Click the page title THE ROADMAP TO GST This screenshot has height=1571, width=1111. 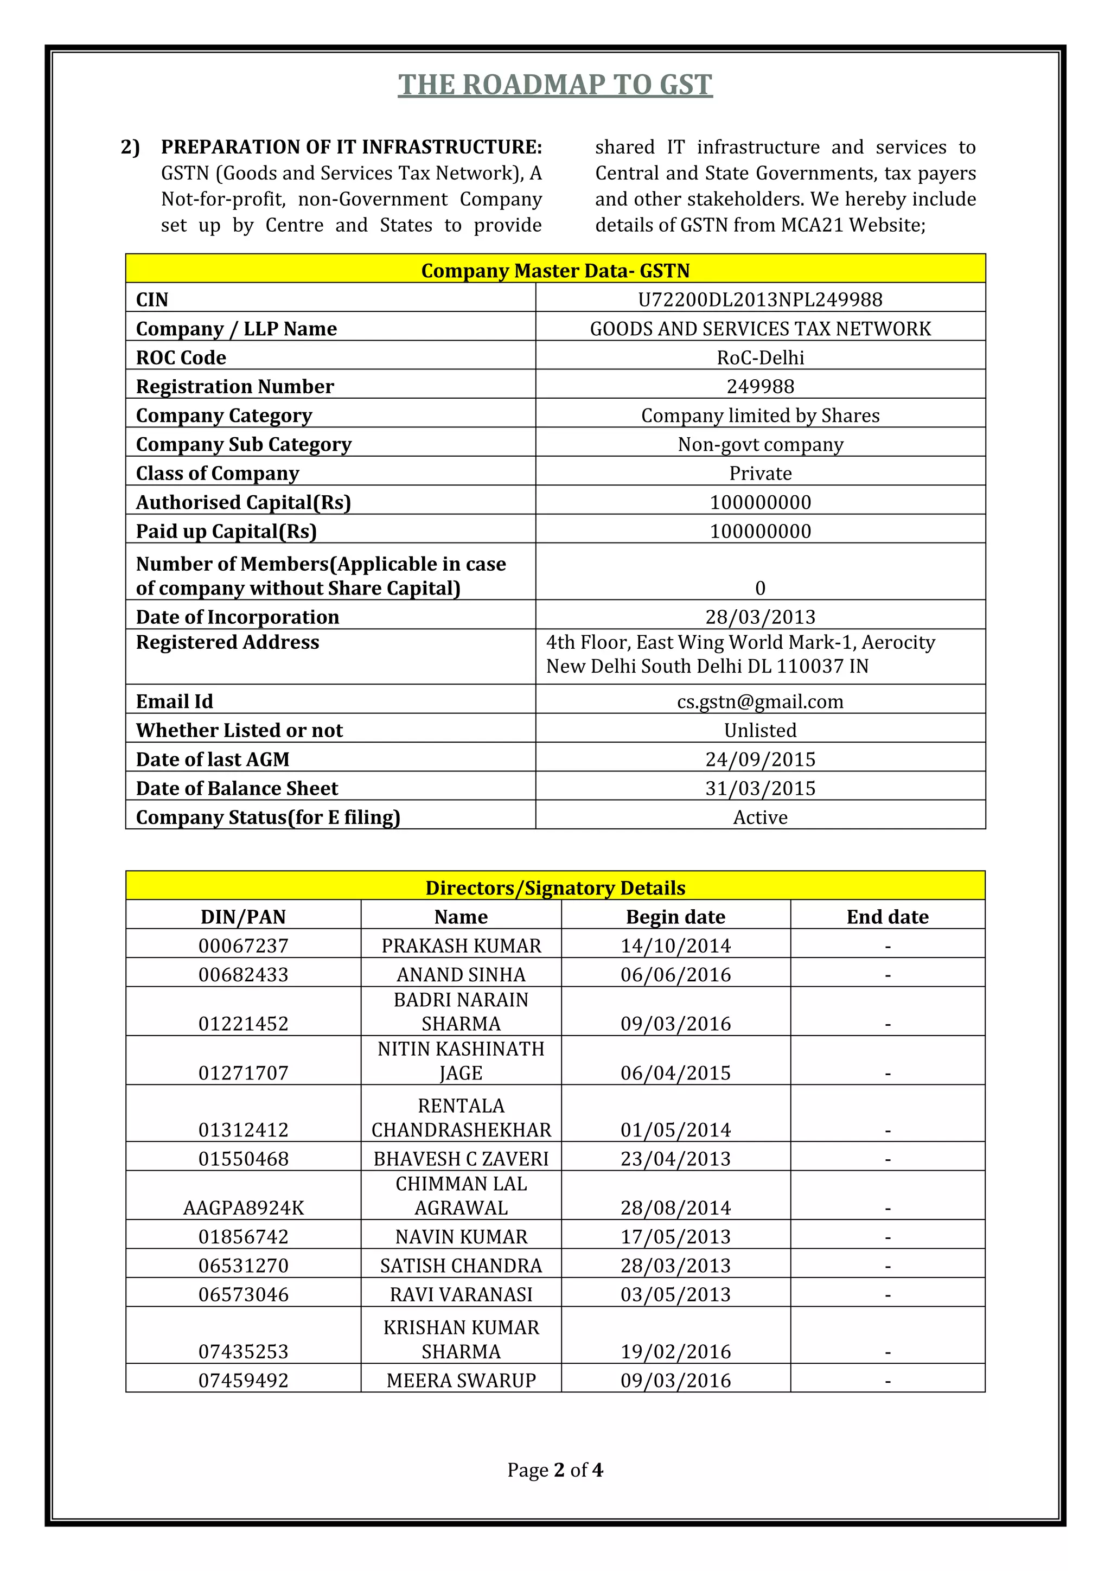tap(555, 85)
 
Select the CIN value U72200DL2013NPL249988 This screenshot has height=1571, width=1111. tap(760, 299)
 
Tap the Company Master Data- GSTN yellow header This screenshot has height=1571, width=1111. tap(555, 270)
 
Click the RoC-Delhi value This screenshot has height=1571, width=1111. tap(760, 357)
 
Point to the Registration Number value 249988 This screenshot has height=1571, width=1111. tap(760, 387)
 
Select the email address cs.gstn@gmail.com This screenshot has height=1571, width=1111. tap(760, 701)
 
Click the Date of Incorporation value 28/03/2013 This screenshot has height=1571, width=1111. tap(760, 617)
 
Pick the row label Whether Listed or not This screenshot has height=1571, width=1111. tap(239, 730)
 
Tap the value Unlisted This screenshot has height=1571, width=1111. tap(760, 730)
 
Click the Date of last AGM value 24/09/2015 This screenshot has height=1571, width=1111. tap(760, 759)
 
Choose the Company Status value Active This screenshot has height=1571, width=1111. tap(760, 817)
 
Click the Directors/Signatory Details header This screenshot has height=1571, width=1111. tap(555, 887)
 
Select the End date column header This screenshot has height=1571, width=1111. tap(887, 917)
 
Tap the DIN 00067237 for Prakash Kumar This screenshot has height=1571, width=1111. tap(244, 946)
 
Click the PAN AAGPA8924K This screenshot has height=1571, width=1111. tap(244, 1208)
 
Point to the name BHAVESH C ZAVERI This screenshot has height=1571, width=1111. tap(461, 1158)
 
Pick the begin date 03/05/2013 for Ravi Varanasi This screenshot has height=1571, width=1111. tap(675, 1294)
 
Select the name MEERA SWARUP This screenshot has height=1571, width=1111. tap(461, 1380)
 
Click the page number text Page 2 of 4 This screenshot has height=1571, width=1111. tap(555, 1470)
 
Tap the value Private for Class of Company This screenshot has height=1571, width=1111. tap(760, 474)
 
